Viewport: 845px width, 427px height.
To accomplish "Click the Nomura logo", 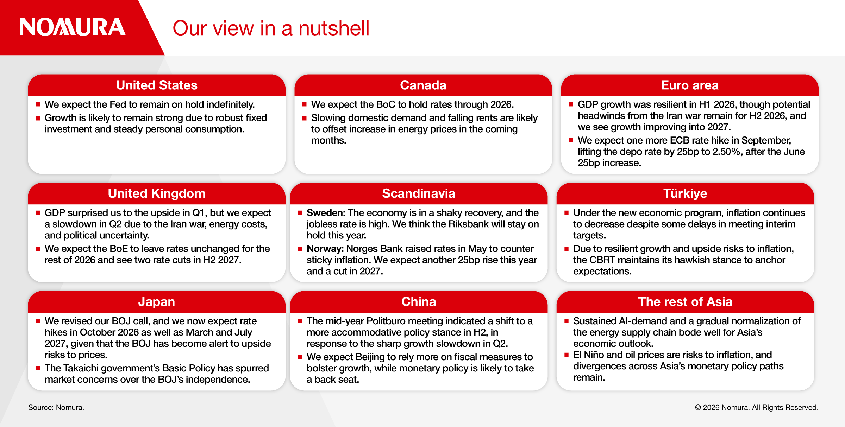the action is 73,27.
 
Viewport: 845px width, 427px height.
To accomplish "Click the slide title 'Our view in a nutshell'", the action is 271,28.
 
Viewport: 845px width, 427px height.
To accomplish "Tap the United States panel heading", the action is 157,85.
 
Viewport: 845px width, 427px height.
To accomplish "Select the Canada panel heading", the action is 423,85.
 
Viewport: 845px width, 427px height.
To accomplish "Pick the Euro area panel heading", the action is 689,85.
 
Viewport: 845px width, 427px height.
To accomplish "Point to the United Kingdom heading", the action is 157,193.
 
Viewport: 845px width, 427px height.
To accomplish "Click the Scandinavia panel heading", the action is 419,193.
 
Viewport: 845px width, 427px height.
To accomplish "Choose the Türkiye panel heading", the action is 685,193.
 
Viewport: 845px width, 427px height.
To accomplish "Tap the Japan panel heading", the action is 157,302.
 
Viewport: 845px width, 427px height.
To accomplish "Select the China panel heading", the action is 419,302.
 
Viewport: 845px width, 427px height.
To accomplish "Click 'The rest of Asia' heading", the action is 685,302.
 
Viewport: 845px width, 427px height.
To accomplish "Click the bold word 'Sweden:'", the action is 326,213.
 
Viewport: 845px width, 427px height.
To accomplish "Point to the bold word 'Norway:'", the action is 325,249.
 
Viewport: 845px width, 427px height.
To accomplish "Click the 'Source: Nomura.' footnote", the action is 56,407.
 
